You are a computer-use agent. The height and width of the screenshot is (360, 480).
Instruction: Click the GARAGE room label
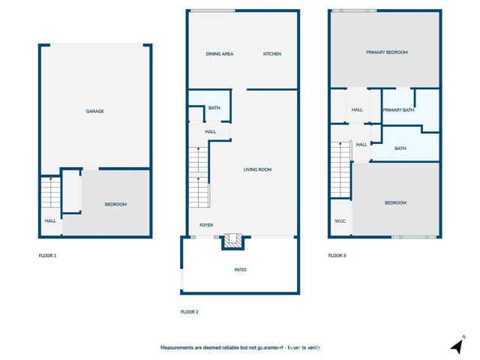(95, 111)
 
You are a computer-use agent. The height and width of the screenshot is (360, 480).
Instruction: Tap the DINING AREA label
(220, 54)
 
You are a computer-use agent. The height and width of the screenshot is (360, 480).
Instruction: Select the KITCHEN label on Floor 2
(272, 54)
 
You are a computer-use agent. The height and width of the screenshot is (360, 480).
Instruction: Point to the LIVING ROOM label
(257, 169)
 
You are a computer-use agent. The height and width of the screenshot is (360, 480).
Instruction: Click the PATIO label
(240, 270)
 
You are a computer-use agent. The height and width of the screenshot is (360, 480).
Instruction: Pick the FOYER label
(206, 225)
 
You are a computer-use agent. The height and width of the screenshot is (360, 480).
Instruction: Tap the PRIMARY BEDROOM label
(387, 52)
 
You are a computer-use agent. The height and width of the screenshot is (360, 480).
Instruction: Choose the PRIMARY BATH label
(398, 110)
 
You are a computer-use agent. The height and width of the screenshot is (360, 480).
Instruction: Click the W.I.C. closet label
(340, 221)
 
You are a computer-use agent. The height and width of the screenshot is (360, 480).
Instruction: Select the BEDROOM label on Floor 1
(115, 204)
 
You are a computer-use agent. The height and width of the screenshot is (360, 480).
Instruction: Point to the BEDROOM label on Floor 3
(395, 202)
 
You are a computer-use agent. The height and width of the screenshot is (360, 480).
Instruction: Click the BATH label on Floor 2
(214, 108)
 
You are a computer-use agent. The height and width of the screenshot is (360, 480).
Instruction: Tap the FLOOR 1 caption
(47, 256)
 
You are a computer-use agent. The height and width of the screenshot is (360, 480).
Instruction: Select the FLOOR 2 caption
(190, 312)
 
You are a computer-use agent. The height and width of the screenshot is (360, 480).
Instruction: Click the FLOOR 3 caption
(337, 256)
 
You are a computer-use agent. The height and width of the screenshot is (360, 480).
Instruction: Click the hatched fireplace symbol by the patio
(233, 241)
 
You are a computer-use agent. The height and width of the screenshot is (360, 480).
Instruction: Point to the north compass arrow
(457, 346)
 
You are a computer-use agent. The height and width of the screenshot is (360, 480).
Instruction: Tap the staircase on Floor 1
(51, 193)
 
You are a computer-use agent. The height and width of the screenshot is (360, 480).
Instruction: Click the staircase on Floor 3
(340, 169)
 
